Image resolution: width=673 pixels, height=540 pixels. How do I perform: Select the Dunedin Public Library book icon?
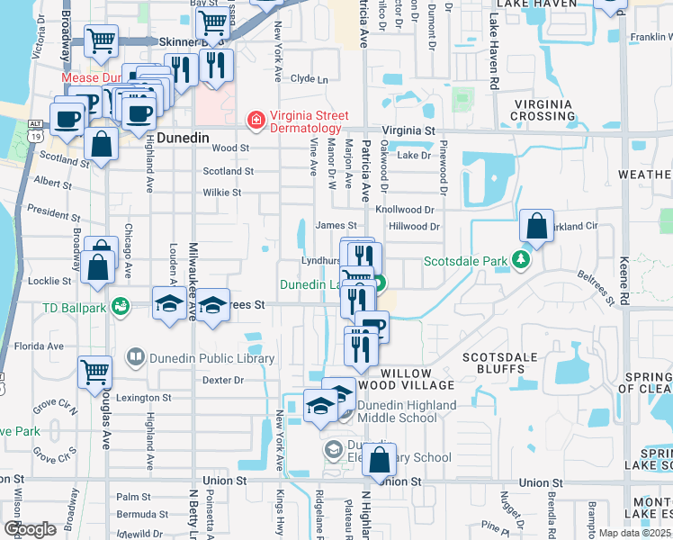click(x=135, y=358)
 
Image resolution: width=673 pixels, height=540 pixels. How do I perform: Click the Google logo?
click(x=30, y=529)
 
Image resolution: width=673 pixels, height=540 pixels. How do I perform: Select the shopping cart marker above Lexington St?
click(x=94, y=372)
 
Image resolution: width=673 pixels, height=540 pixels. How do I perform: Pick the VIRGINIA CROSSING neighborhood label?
click(x=542, y=110)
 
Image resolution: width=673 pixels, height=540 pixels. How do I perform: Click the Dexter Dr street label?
click(x=223, y=380)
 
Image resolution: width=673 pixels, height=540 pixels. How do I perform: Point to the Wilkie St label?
click(x=222, y=192)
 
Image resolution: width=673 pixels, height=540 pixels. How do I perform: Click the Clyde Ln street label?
click(x=309, y=79)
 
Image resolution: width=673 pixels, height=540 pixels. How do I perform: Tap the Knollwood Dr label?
click(x=405, y=209)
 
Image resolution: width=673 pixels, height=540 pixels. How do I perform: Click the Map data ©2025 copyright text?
click(x=634, y=533)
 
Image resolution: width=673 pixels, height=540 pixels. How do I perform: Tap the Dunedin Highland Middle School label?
click(x=408, y=411)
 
